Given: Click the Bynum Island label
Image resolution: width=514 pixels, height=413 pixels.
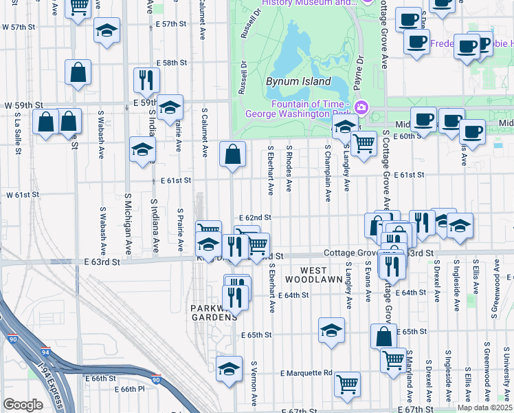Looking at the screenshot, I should (289, 81).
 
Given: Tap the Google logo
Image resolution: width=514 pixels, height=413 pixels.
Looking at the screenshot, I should (23, 405).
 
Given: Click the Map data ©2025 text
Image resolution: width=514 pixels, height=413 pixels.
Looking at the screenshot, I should (484, 407).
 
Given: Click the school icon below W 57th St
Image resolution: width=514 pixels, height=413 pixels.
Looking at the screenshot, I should (107, 32).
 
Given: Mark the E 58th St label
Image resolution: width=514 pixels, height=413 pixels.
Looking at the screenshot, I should (172, 63).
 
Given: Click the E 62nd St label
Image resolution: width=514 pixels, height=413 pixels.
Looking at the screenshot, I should (255, 217).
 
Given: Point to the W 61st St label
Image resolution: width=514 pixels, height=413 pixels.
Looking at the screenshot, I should (23, 195).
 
